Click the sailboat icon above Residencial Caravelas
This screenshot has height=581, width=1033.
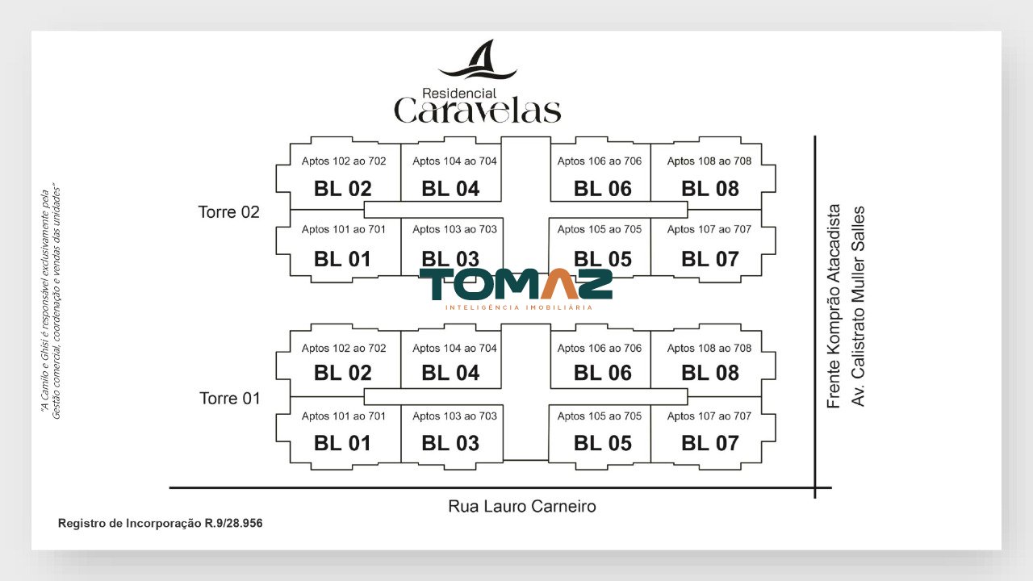(x=478, y=60)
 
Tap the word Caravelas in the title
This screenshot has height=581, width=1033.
(x=477, y=111)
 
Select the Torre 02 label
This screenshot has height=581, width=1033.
(x=228, y=212)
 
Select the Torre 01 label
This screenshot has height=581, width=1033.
(x=230, y=399)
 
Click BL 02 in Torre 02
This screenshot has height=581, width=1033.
(x=343, y=189)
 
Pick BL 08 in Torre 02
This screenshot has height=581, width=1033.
(x=710, y=189)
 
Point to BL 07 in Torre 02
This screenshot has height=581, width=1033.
(x=710, y=259)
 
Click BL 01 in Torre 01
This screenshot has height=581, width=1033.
(x=342, y=443)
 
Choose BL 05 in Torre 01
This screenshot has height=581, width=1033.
(x=602, y=443)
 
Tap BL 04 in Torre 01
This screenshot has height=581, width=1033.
(x=450, y=373)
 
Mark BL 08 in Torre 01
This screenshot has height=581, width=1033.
(x=710, y=373)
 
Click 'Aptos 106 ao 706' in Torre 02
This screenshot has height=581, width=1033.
(x=600, y=161)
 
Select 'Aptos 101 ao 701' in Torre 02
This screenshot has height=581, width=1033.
(x=344, y=229)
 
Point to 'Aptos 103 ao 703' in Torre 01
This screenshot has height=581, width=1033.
(x=454, y=416)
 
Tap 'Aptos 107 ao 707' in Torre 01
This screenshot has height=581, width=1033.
(x=709, y=416)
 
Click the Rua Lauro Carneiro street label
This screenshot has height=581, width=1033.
(x=522, y=506)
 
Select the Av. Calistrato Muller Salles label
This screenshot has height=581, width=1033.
(x=858, y=306)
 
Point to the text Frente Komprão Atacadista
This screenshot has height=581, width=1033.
(x=834, y=306)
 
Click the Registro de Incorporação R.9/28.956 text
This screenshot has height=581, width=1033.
(x=160, y=524)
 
